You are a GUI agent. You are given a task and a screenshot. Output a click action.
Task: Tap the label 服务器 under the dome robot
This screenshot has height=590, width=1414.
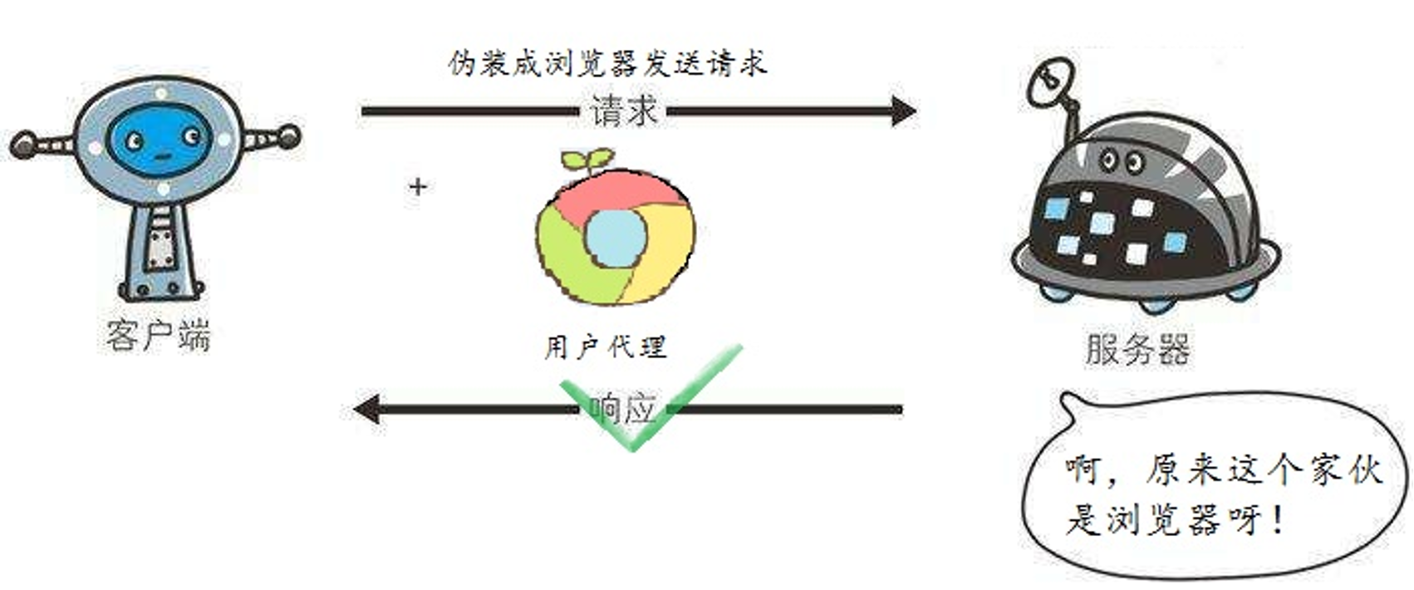(1137, 349)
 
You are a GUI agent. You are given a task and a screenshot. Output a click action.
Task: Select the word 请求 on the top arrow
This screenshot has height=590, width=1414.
(624, 110)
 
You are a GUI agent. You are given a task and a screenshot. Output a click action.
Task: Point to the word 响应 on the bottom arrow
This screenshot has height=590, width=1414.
(622, 408)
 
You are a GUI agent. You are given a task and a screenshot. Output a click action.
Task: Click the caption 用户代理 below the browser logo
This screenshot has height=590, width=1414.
(605, 347)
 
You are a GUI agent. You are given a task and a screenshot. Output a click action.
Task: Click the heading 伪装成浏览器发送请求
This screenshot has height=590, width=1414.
(607, 63)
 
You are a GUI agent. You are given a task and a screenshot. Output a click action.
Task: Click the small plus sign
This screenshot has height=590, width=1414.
(418, 186)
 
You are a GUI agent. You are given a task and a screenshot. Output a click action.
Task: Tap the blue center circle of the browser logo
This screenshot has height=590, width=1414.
(616, 237)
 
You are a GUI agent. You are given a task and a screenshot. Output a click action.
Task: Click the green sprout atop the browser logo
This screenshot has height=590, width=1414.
(587, 160)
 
